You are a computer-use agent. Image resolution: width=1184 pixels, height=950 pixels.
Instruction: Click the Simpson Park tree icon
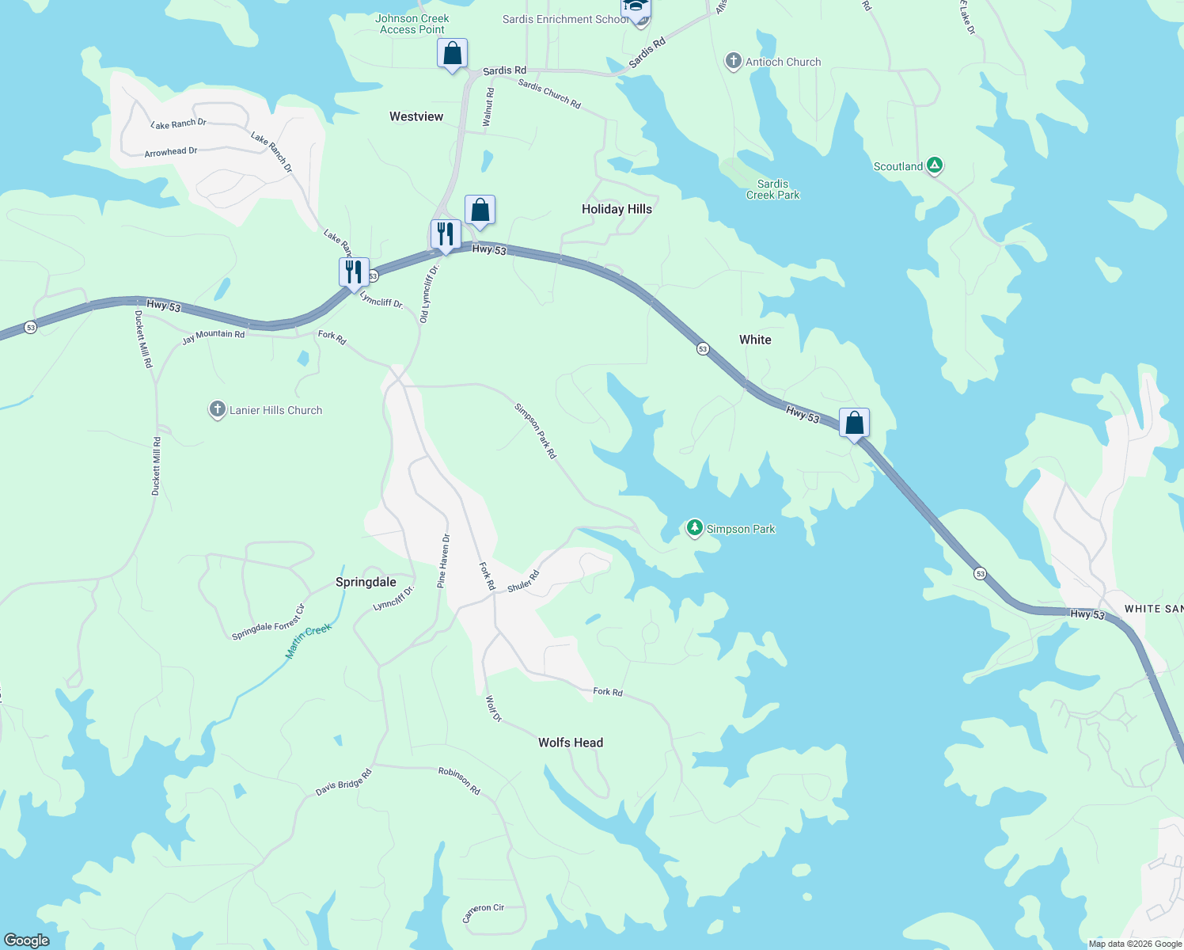(x=694, y=527)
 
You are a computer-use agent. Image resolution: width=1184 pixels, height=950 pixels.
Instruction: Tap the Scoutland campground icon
(x=935, y=165)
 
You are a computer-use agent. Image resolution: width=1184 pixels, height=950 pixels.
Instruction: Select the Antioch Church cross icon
(x=734, y=61)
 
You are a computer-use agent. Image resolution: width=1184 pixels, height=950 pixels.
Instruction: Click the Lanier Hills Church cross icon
(x=218, y=409)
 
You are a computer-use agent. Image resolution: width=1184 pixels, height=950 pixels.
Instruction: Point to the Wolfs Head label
(x=571, y=743)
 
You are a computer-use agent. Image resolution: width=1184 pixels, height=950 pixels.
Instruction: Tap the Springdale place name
(x=366, y=582)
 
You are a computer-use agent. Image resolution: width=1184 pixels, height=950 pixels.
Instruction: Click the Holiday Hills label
(x=617, y=209)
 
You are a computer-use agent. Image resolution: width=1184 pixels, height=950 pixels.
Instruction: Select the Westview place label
(x=416, y=116)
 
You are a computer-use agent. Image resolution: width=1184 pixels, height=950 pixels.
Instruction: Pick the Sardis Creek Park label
(x=772, y=189)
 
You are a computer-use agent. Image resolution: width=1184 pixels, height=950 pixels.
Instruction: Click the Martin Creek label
(x=309, y=640)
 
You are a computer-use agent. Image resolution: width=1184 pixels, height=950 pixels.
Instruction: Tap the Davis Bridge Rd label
(x=343, y=783)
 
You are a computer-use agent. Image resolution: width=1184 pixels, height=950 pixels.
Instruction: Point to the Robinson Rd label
(x=460, y=781)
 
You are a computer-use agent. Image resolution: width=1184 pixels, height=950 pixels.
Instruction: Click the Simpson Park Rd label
(x=536, y=431)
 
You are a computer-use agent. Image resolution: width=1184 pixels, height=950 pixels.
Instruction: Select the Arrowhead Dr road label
(x=171, y=151)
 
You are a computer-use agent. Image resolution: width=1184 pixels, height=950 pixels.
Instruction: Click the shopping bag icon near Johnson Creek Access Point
(x=452, y=54)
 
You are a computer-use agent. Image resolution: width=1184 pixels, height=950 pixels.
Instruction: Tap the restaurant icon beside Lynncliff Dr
(x=354, y=272)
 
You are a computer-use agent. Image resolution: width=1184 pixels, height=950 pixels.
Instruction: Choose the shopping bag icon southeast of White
(x=854, y=423)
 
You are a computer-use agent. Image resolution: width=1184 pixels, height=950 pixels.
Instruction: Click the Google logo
(x=26, y=940)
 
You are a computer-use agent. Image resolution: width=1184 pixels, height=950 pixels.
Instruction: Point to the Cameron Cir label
(x=484, y=913)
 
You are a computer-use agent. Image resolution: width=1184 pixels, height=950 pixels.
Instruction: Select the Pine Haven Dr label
(x=444, y=560)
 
